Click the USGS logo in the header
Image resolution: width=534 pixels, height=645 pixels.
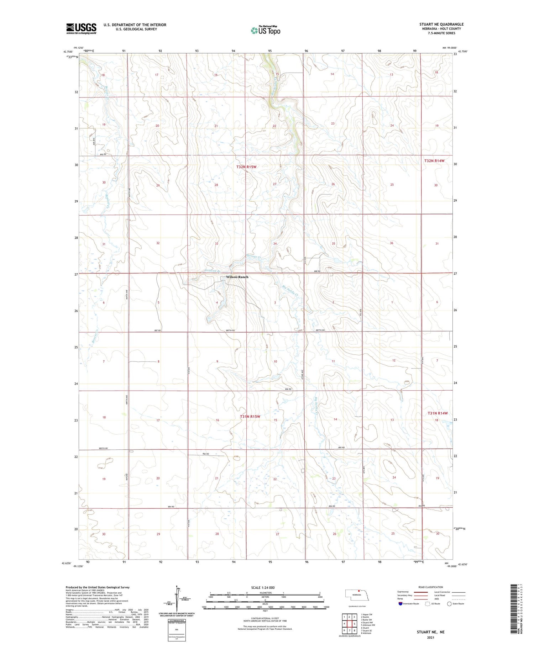click(x=81, y=28)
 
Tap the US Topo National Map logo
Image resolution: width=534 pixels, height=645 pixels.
click(x=265, y=30)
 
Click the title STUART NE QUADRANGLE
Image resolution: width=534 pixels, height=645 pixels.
click(x=441, y=24)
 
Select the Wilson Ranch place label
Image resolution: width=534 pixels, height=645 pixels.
click(x=237, y=277)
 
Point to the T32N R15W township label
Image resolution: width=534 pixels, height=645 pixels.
click(x=246, y=167)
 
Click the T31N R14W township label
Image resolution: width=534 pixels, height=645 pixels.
click(x=438, y=413)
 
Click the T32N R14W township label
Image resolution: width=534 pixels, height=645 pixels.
click(x=434, y=161)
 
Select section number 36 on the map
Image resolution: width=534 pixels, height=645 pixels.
click(x=391, y=243)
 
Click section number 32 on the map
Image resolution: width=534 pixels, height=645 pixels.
click(x=158, y=243)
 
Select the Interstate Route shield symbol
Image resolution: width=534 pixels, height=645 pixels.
click(x=400, y=604)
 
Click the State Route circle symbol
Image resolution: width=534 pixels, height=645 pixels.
click(x=449, y=604)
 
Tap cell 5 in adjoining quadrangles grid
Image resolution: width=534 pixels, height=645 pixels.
click(x=354, y=624)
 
